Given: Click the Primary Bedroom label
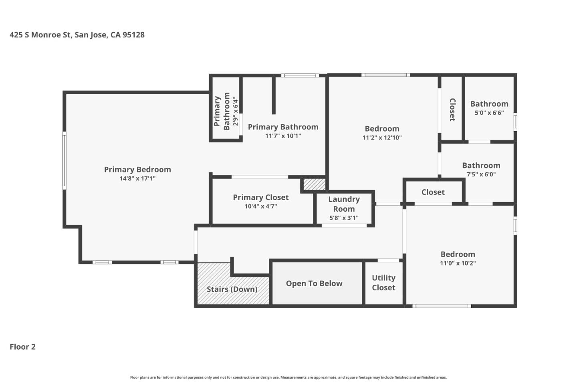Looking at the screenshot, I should [x=137, y=169].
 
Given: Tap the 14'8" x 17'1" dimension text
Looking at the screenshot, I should [x=137, y=178].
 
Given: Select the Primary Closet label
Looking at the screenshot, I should [x=260, y=197].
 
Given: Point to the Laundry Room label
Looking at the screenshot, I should [x=344, y=204].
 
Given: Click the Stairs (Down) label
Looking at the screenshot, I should [x=232, y=289].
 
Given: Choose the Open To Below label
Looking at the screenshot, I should [x=314, y=284].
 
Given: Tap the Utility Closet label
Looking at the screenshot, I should [x=383, y=283].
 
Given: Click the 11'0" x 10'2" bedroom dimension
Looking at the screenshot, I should [x=458, y=263].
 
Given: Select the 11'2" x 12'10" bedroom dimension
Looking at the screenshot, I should [x=382, y=138].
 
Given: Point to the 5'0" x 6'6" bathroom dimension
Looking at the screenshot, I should [x=489, y=113].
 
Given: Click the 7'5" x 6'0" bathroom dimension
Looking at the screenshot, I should [x=481, y=174].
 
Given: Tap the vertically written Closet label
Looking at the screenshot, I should [x=452, y=109].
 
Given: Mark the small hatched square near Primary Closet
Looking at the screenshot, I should [x=314, y=184].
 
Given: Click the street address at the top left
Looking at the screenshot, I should [x=77, y=35].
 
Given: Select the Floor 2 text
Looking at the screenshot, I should [x=22, y=346].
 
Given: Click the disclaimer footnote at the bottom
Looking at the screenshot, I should [x=288, y=377].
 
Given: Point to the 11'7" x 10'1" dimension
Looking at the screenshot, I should [x=283, y=136].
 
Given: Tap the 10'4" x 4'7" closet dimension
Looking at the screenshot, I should [x=260, y=207].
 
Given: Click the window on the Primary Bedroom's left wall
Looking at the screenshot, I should [x=64, y=160].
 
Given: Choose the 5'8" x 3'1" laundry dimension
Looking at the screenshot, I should [x=344, y=218].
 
